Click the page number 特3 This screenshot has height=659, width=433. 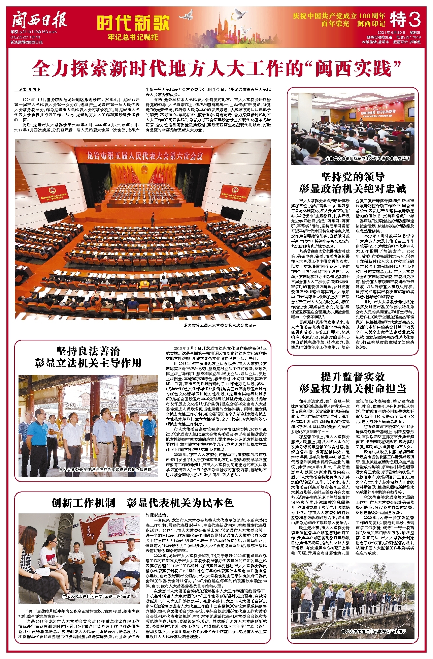point(406,20)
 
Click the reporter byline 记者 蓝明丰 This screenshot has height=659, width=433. point(28,90)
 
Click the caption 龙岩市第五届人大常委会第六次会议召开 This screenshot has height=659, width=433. point(220,325)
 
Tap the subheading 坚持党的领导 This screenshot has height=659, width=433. point(353,177)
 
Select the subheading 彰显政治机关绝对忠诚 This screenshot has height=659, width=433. point(353,188)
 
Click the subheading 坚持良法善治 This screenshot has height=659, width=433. point(88,351)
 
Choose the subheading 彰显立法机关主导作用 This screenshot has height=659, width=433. point(88,363)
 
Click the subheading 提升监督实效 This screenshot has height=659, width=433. point(353,377)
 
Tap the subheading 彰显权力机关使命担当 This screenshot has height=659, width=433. point(353,388)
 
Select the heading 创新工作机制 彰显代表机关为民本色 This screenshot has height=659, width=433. point(142,503)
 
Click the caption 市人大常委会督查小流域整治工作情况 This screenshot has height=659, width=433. point(373,631)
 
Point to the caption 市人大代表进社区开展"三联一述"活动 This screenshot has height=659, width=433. point(96,596)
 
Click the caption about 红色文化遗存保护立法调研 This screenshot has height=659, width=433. point(105,469)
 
